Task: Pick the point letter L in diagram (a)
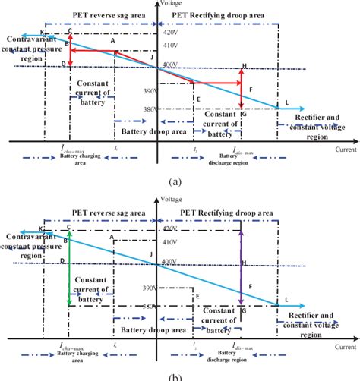(x=286, y=102)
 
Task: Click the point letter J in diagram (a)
(x=153, y=58)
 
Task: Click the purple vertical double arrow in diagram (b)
(x=242, y=269)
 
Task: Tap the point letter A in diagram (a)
(x=112, y=41)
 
